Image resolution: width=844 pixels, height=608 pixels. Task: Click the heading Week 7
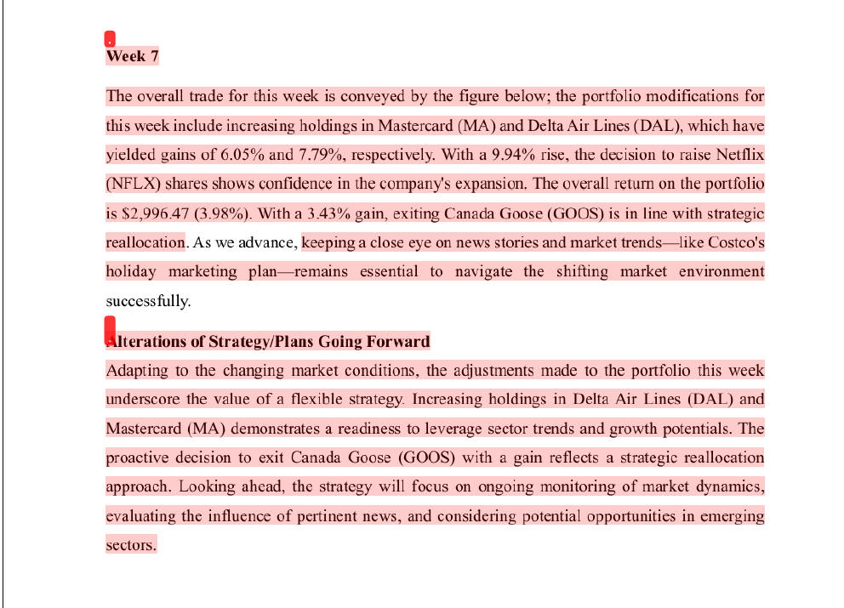(132, 57)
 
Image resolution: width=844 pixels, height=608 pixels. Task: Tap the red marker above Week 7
(110, 39)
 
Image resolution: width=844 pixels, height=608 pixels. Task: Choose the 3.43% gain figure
(332, 213)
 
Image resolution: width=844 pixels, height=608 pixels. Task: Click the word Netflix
(740, 155)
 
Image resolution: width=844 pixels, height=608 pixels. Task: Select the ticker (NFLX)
(133, 184)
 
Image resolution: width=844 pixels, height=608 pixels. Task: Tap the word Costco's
(736, 243)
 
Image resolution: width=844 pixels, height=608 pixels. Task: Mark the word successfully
(148, 301)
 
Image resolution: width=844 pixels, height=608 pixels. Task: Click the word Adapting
(136, 371)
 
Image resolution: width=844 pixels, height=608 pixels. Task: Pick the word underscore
(143, 400)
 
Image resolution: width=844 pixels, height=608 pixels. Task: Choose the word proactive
(139, 457)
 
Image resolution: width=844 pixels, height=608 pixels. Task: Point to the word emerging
(734, 516)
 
